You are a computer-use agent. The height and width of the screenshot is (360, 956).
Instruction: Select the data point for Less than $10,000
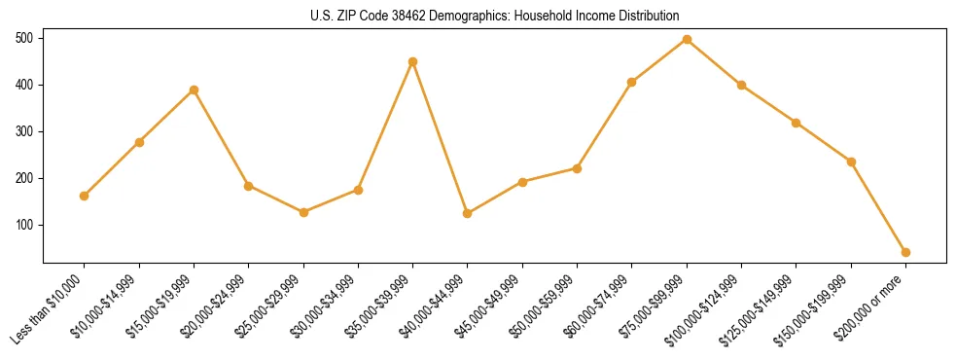[85, 196]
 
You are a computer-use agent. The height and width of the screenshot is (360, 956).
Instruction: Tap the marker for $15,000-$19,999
[194, 90]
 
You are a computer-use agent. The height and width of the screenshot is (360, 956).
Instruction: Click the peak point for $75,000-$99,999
[687, 39]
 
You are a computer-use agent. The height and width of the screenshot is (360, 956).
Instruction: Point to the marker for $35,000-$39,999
[412, 61]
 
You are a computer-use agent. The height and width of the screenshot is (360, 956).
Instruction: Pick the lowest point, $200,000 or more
[905, 252]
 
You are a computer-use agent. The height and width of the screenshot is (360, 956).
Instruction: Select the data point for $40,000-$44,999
[468, 213]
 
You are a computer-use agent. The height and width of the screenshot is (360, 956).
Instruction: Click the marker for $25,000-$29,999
[303, 212]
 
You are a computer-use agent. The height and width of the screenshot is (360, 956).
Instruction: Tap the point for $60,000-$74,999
[632, 82]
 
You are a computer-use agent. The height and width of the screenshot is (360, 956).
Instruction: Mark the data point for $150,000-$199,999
[851, 162]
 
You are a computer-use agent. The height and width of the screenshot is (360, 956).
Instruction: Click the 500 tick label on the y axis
[24, 38]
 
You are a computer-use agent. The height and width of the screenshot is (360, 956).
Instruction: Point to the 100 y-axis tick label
[24, 225]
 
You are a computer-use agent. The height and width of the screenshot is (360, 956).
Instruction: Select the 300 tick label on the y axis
[24, 131]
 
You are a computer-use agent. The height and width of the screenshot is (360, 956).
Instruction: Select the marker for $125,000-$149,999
[797, 123]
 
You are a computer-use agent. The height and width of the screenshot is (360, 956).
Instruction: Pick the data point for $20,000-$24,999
[248, 186]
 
